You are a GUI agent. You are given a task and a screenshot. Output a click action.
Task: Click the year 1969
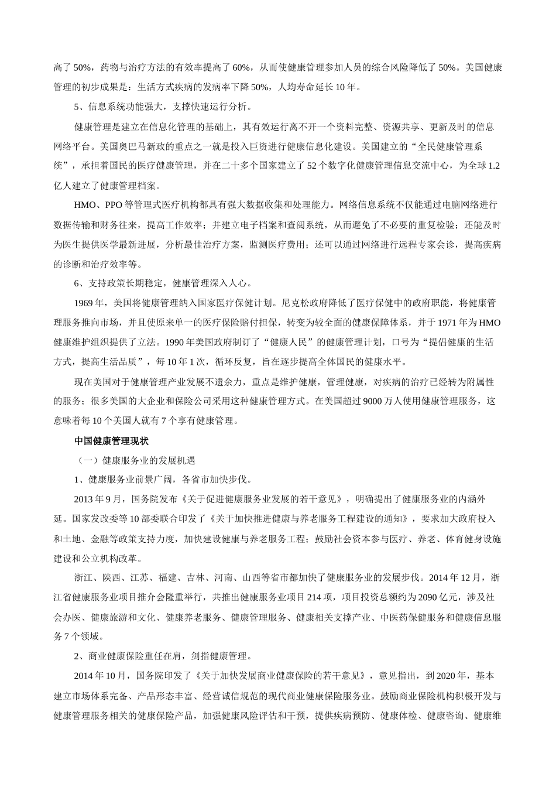(x=84, y=303)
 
